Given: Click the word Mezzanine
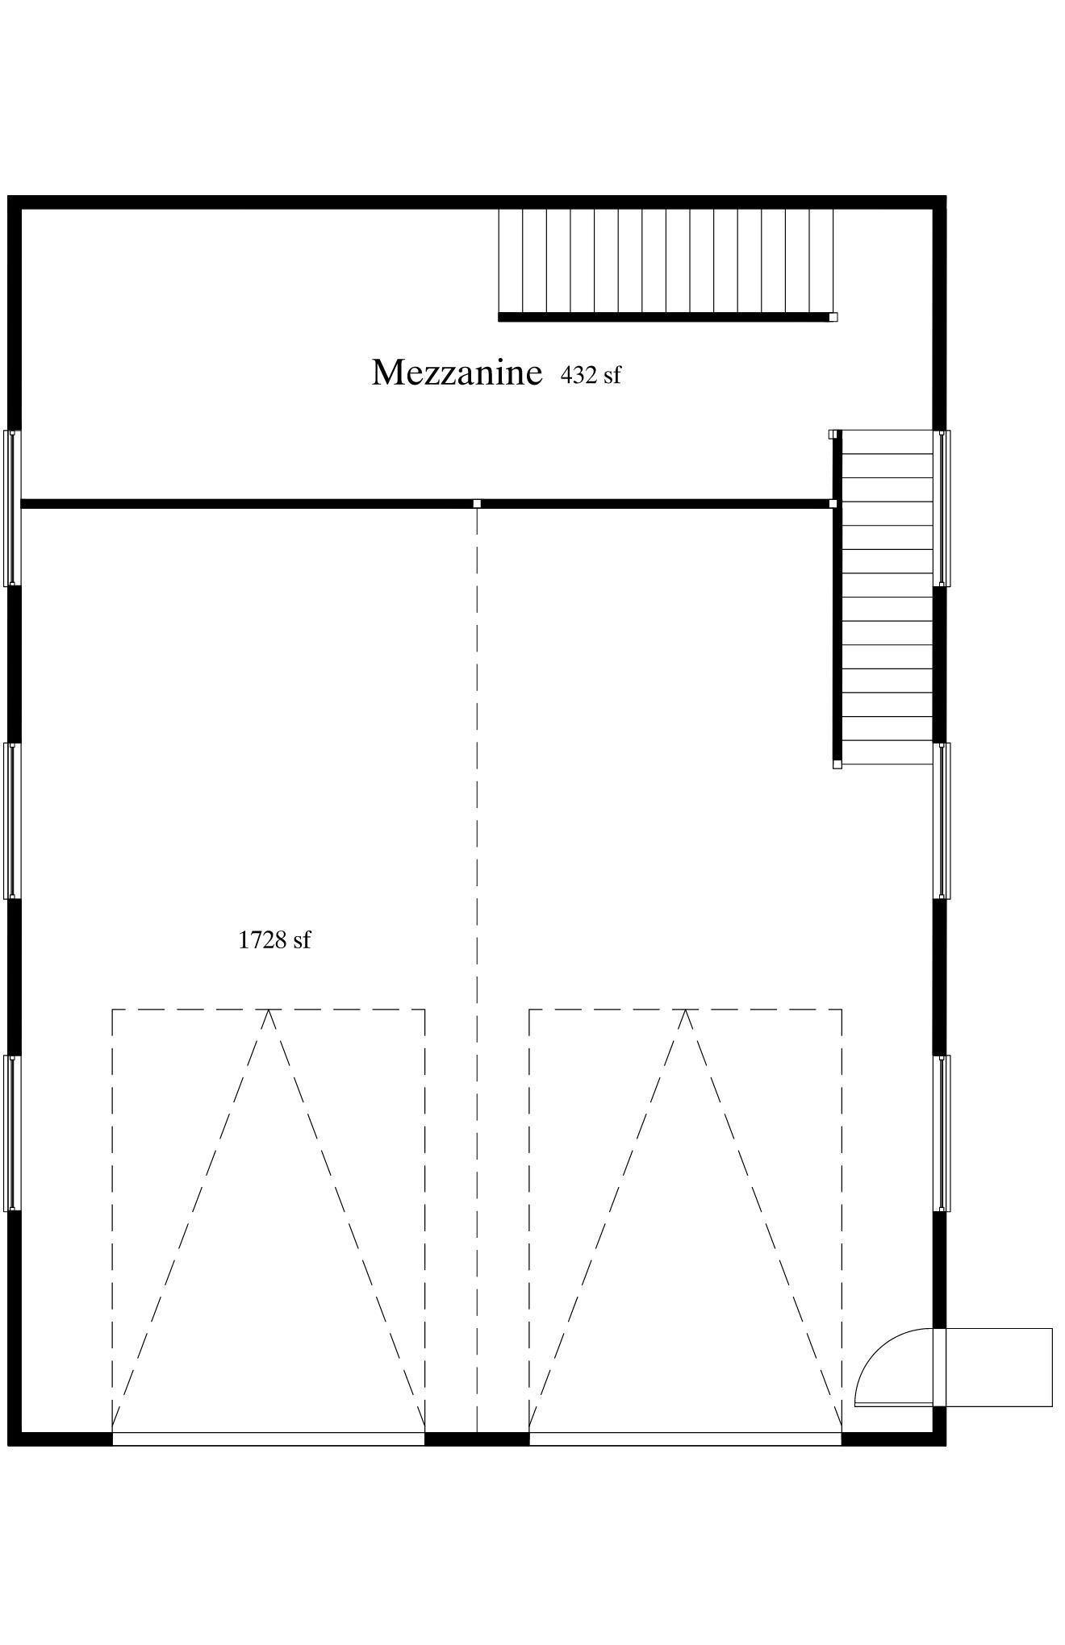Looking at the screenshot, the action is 457,373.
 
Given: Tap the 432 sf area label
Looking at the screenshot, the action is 591,375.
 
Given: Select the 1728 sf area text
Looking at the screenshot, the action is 274,940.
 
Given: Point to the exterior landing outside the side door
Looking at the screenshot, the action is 999,1368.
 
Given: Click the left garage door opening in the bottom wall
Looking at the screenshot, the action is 268,1439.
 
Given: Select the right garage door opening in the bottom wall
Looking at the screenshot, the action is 685,1439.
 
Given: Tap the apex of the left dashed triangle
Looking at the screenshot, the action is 269,1010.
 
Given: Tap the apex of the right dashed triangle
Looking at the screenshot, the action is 686,1010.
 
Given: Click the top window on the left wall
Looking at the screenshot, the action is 12,508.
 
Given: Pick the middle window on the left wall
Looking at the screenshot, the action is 12,820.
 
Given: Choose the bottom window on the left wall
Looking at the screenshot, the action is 12,1133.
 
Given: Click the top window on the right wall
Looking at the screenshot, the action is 942,508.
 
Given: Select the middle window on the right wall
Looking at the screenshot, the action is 942,820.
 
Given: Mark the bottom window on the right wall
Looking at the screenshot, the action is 942,1133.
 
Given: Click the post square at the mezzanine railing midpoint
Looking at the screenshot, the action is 477,504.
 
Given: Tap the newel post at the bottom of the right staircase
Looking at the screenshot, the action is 837,764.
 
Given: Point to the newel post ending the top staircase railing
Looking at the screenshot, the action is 833,317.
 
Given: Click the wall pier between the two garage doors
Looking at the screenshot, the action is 477,1439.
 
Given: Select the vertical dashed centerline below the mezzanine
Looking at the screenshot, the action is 477,970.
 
